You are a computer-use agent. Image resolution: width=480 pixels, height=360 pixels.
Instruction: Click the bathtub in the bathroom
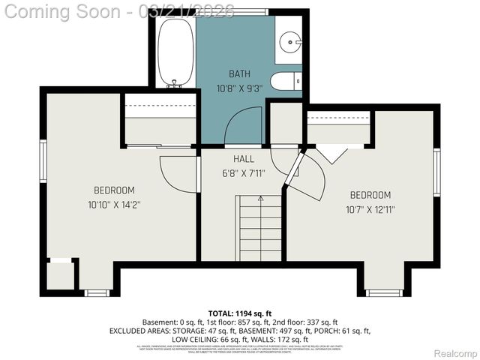175,51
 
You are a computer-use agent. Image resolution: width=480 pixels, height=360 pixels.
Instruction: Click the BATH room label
239,74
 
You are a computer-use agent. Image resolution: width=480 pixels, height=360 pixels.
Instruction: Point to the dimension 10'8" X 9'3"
239,88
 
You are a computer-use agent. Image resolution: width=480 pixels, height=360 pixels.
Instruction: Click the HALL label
243,159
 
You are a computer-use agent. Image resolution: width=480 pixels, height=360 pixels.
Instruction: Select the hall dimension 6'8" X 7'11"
243,173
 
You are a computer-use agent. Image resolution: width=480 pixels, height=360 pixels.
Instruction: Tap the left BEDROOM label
114,190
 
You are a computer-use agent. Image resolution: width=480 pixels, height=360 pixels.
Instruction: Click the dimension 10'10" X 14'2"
114,203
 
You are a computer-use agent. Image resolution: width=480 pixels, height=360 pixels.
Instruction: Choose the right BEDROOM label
370,195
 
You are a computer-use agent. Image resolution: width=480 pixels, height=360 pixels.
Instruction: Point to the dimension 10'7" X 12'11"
370,209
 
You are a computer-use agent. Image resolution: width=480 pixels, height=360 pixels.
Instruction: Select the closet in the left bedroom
160,120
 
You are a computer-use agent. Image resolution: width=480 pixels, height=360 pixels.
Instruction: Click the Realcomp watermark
455,353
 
